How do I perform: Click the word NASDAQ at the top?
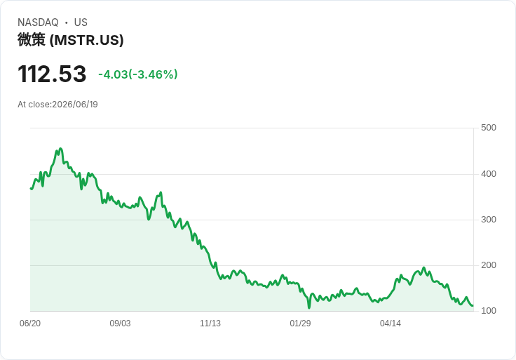pos(38,22)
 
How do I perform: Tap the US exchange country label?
pos(81,22)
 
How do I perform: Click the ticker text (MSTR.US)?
pos(86,40)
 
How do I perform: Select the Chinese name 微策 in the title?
pos(32,40)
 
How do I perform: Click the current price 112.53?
pos(52,74)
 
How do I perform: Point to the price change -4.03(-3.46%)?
pos(138,74)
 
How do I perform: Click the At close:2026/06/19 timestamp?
pos(57,105)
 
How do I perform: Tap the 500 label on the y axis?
pos(489,128)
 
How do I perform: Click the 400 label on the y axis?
pos(489,173)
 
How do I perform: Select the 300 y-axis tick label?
pos(489,220)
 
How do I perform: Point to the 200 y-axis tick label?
pos(489,265)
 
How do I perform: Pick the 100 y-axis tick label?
pos(489,311)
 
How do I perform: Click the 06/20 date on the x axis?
pos(30,324)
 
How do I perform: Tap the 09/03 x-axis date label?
pos(120,324)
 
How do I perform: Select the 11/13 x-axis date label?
pos(210,324)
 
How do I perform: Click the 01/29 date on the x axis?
pos(300,324)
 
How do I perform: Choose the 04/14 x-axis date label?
pos(391,324)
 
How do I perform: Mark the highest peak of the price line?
pos(60,149)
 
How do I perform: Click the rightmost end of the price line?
pos(473,306)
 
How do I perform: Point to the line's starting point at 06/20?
pos(31,188)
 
